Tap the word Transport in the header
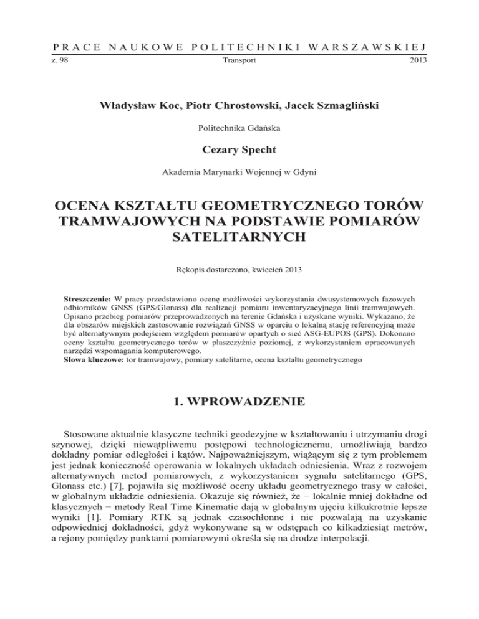coord(239,62)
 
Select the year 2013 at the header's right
coord(417,62)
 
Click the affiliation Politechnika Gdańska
coord(239,129)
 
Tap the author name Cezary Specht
coord(239,151)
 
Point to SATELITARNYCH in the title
coord(239,237)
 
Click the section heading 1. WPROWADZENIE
coord(239,401)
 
